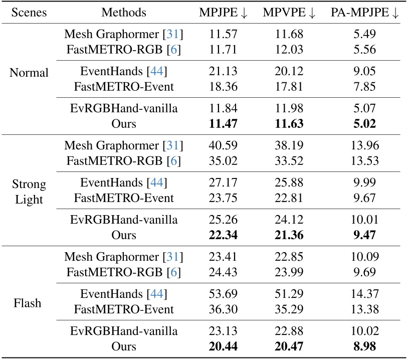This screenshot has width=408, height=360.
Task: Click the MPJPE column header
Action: tap(223, 13)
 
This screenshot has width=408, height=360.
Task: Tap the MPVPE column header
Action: tap(289, 13)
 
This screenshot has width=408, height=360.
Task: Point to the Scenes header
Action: tap(29, 13)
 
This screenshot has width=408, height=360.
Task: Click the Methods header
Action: tap(123, 13)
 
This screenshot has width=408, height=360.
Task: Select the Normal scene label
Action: tap(29, 73)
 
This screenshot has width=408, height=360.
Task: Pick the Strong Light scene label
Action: tap(29, 192)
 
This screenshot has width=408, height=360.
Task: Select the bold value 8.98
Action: tap(364, 346)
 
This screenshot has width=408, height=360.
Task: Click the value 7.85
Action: tap(364, 87)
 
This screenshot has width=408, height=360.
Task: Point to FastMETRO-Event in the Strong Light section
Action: tap(123, 197)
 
